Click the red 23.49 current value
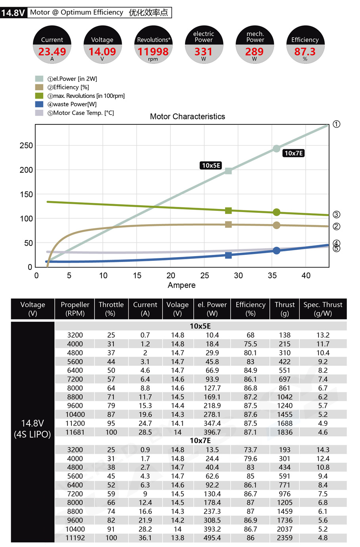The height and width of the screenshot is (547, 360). (52, 52)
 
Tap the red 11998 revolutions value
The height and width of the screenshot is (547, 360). (153, 52)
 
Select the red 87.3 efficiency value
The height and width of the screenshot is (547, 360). (305, 52)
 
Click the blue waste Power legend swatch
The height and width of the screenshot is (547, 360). (39, 104)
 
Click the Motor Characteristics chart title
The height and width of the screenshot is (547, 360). (188, 117)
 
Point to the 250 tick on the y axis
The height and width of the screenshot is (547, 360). (26, 145)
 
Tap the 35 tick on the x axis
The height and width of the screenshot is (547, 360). (272, 275)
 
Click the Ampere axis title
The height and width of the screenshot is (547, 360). (182, 285)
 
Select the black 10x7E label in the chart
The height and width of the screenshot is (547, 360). (294, 153)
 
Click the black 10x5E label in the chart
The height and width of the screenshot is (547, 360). (211, 165)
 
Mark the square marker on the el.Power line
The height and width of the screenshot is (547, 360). (228, 171)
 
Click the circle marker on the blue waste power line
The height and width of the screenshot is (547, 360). (277, 251)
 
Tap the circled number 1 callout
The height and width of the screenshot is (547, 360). (337, 124)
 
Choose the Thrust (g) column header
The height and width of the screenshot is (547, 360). (285, 309)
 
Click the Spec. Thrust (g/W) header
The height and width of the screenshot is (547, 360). (323, 309)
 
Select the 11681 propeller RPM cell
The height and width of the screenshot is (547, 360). (75, 432)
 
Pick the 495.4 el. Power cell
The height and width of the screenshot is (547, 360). (212, 538)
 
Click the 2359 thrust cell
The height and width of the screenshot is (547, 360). (285, 538)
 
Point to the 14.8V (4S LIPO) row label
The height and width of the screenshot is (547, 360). (33, 428)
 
